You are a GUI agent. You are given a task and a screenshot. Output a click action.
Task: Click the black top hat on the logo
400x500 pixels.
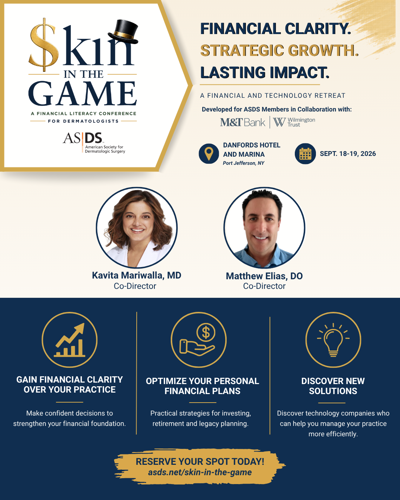coord(123,32)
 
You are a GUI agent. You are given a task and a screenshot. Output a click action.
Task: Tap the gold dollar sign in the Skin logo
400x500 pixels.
coord(44,44)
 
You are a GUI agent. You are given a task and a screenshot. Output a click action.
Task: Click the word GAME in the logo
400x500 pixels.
coord(83,93)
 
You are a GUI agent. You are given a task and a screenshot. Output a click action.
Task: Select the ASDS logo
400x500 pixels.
coord(94,143)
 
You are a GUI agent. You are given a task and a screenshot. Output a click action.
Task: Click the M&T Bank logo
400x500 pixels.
coord(243,122)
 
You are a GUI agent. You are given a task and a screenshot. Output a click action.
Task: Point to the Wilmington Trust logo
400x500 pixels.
coord(294,122)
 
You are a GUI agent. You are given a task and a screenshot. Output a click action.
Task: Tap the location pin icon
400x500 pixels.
coord(209,154)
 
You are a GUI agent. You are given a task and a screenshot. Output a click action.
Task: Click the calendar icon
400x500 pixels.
coord(305,154)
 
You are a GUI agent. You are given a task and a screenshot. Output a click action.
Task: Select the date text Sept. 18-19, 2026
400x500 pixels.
coord(348,154)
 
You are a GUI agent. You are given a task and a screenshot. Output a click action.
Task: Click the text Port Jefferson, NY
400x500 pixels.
coord(243,163)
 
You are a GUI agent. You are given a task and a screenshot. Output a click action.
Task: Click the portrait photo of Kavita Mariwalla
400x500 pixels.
coord(137,228)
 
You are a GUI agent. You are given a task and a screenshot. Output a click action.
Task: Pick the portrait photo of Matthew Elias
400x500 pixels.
coord(264,228)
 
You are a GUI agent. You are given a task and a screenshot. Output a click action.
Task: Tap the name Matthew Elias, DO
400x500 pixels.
coord(264,276)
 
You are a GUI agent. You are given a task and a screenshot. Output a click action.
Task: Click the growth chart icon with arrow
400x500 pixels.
coord(70,340)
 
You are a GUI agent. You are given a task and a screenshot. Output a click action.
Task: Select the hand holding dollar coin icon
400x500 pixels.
coord(199,340)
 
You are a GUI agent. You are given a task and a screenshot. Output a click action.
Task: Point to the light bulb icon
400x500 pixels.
coord(333,340)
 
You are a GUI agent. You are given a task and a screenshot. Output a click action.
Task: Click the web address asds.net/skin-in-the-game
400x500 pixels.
coord(200,472)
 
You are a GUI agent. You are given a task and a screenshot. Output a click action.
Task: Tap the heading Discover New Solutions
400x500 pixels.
coord(333,386)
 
